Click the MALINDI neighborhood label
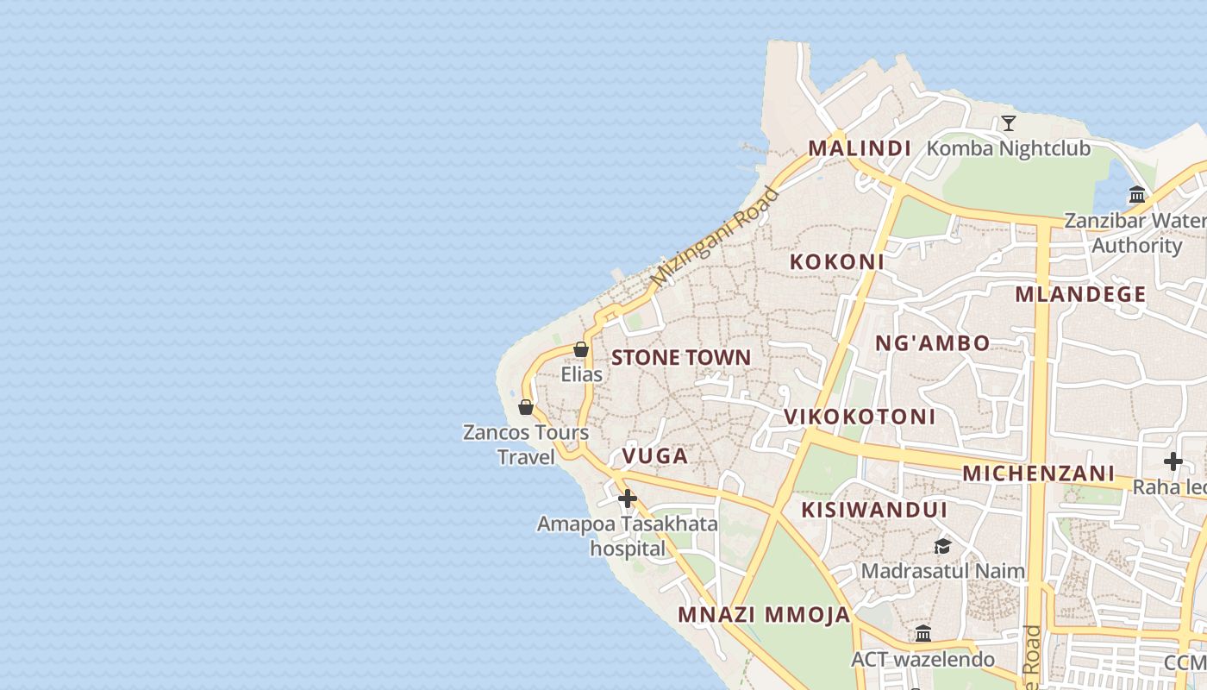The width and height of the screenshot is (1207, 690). point(859,148)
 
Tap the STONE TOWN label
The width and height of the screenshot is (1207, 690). point(681,357)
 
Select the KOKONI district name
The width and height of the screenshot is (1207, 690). point(837,261)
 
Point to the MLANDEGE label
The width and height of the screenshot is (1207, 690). point(1080,294)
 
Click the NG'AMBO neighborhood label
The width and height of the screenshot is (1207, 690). point(933,343)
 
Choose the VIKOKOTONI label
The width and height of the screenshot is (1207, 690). point(860,417)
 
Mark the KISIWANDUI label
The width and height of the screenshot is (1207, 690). point(874,510)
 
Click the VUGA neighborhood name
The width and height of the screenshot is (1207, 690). point(655,455)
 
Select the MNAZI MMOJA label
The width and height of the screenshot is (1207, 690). point(764,615)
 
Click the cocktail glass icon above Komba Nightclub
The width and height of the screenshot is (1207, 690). point(1008,123)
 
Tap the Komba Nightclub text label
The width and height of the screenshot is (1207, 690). point(1008,148)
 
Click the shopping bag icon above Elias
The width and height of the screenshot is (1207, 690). point(581,349)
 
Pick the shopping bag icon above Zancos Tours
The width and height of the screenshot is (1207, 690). point(526,407)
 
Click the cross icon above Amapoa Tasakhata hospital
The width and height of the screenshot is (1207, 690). point(628,499)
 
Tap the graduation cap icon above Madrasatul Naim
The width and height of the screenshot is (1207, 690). point(942,546)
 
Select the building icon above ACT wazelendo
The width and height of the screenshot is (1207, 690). point(923,634)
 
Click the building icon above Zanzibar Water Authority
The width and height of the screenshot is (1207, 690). point(1136,195)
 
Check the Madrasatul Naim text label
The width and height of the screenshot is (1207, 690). point(942,570)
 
